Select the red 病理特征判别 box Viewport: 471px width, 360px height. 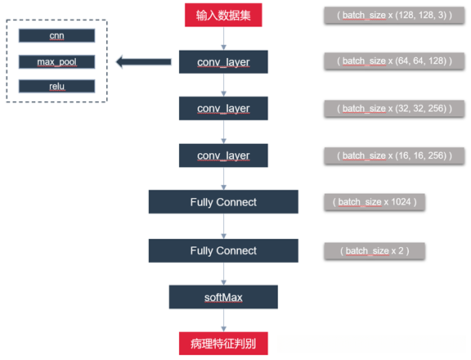224,344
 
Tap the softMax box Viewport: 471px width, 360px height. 223,296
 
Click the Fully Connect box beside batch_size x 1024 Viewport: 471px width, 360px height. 223,202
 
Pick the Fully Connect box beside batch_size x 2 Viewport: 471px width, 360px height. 223,250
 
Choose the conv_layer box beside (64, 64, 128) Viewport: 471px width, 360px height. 223,61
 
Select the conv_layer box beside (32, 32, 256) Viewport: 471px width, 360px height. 223,108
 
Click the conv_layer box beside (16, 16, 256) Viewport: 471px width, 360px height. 223,155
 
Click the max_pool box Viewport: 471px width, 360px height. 56,61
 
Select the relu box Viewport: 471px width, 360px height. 56,86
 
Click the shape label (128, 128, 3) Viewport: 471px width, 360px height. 387,15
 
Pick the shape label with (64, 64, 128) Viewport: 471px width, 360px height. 387,61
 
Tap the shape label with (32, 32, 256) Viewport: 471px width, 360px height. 387,108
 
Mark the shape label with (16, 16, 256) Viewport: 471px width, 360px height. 387,155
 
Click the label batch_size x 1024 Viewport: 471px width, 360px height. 375,201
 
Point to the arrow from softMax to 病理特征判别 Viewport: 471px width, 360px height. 224,320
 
